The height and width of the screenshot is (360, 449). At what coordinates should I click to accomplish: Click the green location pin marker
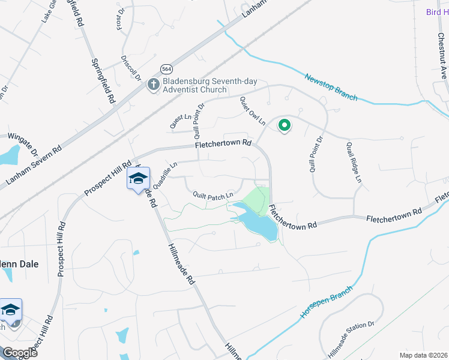tap(284, 125)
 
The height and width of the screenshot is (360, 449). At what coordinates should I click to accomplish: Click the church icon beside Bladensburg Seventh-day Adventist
tap(153, 85)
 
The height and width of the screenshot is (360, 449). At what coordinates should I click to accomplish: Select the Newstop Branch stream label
tap(330, 87)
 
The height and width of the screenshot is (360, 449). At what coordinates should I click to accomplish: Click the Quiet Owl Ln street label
tap(252, 111)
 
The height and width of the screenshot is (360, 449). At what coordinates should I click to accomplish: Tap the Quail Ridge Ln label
tap(354, 162)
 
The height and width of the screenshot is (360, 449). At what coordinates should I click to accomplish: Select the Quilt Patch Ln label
tap(212, 196)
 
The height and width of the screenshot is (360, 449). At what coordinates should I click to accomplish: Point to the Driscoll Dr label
tap(130, 68)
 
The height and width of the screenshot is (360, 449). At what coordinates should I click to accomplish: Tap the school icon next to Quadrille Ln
tap(138, 179)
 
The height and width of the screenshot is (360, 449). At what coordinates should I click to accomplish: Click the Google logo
tap(20, 353)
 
